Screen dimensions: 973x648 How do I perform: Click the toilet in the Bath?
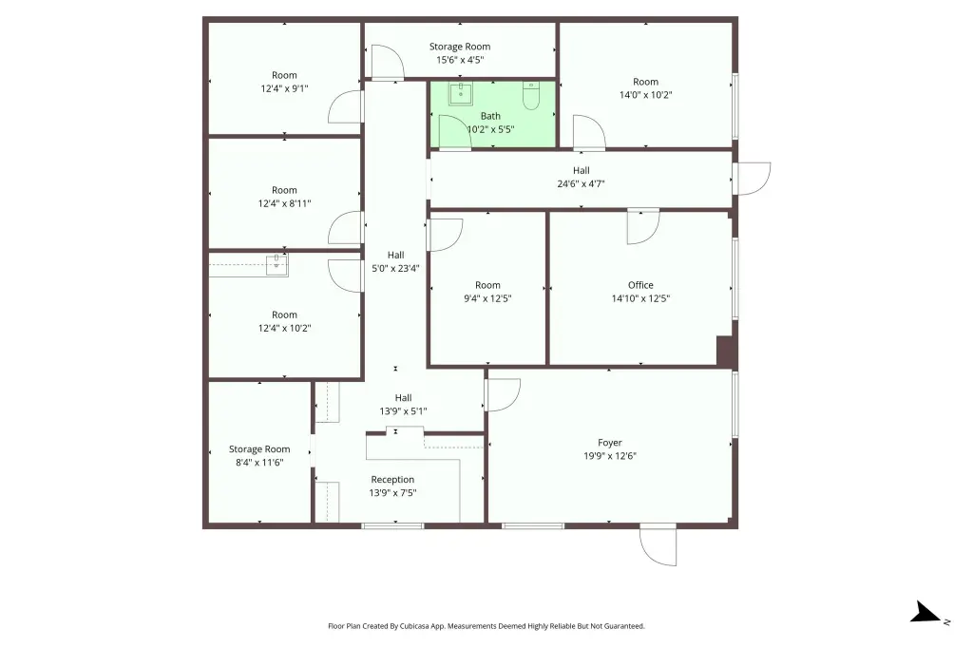coord(531,96)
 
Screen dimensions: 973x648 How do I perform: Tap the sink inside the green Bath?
coord(461,94)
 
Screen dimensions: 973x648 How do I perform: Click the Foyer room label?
coord(610,443)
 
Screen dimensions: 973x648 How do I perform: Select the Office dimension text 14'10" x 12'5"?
coord(641,298)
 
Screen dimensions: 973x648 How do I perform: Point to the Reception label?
coord(392,480)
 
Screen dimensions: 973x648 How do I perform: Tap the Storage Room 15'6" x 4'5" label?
coord(460,53)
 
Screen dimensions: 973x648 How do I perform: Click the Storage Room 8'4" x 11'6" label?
coord(259,455)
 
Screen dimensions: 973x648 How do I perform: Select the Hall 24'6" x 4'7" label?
coord(581,177)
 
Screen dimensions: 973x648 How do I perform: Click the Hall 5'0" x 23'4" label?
coord(396,261)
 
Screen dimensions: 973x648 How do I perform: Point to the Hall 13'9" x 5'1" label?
coord(403,404)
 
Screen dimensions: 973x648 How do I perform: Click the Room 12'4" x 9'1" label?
coord(284,82)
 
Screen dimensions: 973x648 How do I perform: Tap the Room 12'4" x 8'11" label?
coord(284,197)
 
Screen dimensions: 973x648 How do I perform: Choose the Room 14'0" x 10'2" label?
coord(645,88)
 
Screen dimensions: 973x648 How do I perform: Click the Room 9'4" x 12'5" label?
coord(487,292)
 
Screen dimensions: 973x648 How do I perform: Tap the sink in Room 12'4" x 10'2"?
coord(277,265)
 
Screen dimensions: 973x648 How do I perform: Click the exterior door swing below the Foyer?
coord(658,547)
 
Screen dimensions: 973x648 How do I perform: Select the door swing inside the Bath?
coord(455,132)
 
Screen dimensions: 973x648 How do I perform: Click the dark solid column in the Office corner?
coord(726,351)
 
